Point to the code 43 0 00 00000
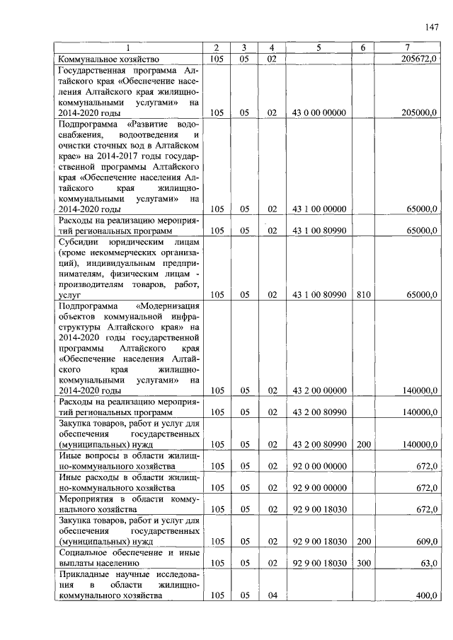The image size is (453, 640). click(319, 112)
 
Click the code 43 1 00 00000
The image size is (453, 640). click(319, 209)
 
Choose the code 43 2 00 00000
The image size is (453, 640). click(319, 390)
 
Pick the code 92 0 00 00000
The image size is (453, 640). click(319, 466)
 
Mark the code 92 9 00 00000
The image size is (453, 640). click(319, 488)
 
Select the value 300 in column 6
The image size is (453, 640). click(362, 563)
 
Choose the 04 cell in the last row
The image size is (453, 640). click(271, 595)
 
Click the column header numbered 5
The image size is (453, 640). click(319, 47)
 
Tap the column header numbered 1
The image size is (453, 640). click(128, 47)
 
